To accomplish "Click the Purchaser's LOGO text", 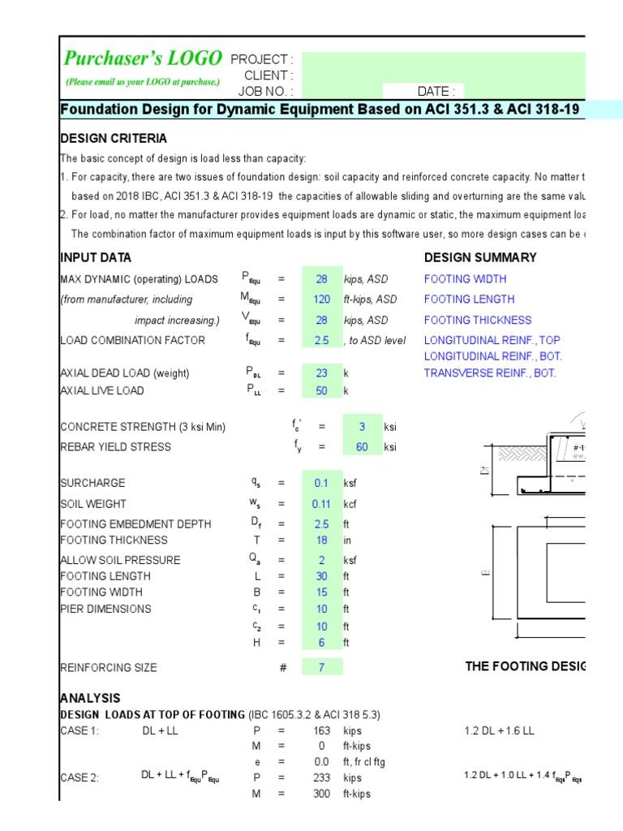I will [x=144, y=58].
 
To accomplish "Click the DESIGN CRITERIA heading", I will [x=114, y=139].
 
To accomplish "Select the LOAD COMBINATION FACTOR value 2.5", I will [x=322, y=341].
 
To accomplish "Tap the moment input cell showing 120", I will [x=322, y=299].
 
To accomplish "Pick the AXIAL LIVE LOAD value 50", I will [x=322, y=391].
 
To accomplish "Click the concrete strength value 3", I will [x=362, y=427].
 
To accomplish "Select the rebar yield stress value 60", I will [x=362, y=447].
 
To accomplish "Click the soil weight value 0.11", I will [x=322, y=504].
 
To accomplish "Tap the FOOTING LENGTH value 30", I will [x=322, y=576].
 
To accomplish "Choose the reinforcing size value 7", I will [x=322, y=668].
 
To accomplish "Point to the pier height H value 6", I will [x=322, y=643].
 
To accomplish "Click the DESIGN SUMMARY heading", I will [x=480, y=258].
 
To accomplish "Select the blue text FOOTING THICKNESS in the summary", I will [x=478, y=321].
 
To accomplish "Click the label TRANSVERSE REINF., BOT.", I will [x=490, y=373].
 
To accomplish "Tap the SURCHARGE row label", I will [x=92, y=483].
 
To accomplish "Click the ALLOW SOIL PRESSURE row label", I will [x=120, y=560].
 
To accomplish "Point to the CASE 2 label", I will [x=79, y=777].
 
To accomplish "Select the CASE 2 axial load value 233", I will [x=321, y=777].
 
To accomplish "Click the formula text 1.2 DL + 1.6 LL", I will [x=499, y=730].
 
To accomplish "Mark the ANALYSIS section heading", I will [x=90, y=698].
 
